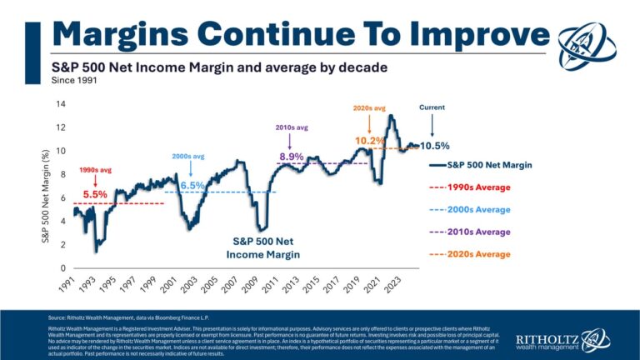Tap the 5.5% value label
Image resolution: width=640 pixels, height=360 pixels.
click(95, 194)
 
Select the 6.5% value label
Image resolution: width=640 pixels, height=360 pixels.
click(192, 184)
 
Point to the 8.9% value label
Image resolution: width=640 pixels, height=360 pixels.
click(292, 156)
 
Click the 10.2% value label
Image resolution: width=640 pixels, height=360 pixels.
click(369, 141)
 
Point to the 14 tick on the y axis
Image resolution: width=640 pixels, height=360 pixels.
click(59, 104)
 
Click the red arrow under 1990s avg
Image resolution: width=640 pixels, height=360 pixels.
click(95, 180)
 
